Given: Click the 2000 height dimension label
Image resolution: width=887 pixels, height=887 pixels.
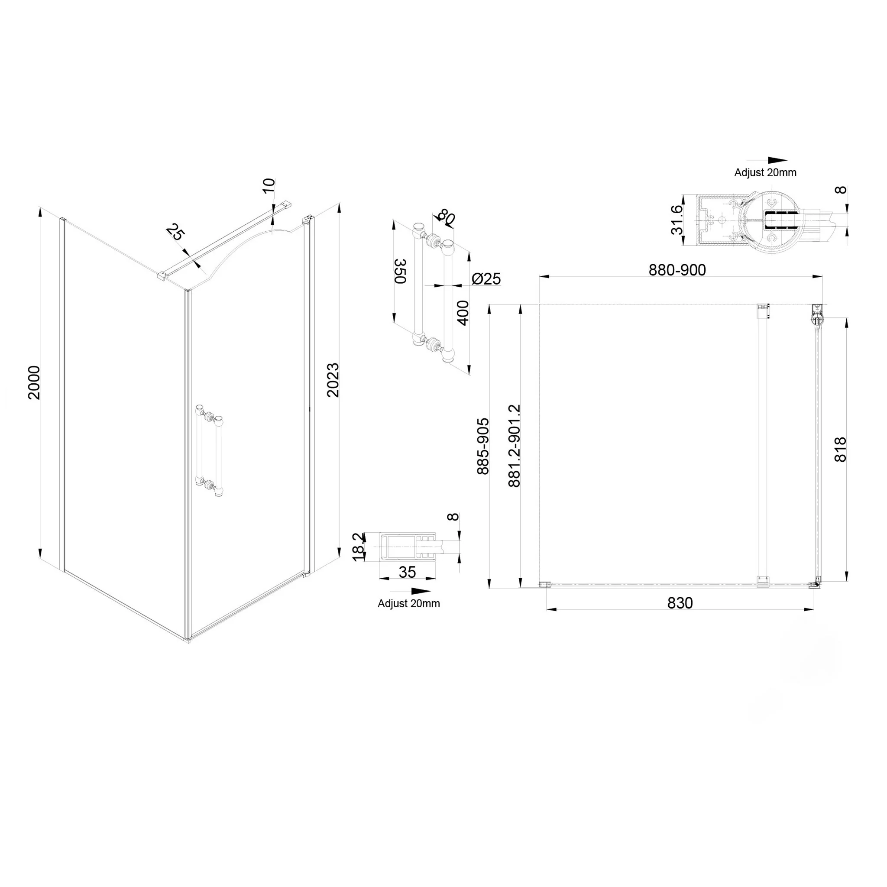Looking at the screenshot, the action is (34, 382).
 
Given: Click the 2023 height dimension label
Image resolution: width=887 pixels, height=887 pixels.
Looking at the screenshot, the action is (332, 380).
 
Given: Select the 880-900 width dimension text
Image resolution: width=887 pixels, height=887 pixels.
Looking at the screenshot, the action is (677, 270).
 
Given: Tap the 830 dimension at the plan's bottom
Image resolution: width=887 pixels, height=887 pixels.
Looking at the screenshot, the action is (680, 603).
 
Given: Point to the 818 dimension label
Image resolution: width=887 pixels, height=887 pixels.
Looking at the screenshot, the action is (840, 450).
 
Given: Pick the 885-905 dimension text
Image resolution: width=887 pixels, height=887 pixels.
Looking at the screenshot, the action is (483, 446).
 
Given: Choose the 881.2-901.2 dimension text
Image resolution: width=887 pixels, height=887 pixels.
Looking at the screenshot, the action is (514, 445).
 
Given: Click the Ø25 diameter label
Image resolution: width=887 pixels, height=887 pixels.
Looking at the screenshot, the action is (486, 278).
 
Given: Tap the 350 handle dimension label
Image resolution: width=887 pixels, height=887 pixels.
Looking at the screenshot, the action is (401, 271).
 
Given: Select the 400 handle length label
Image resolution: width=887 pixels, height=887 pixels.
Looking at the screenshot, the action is (463, 313).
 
